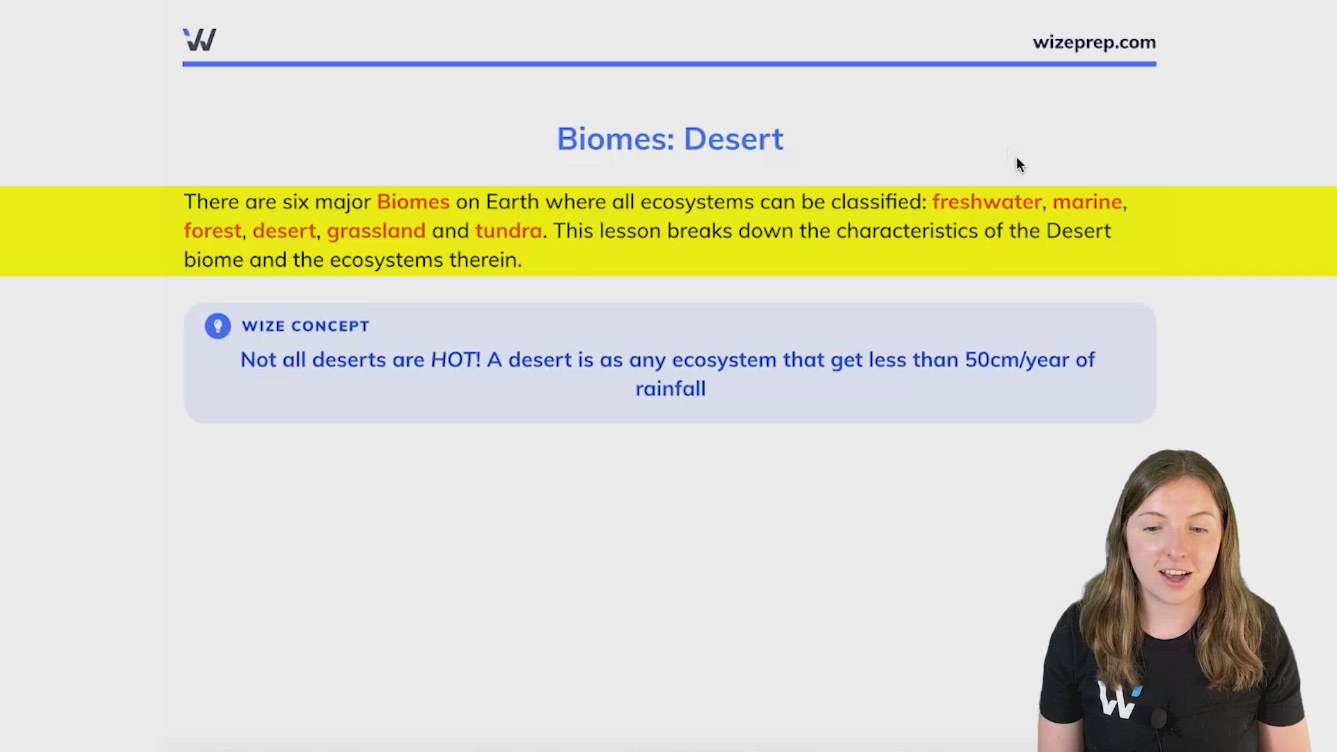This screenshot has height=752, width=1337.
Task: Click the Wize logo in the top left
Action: coord(199,40)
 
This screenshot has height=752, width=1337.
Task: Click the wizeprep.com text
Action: coord(1094,42)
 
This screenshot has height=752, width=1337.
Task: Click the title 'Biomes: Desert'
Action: coord(670,139)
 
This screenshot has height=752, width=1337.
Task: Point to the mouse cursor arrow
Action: coord(1020,165)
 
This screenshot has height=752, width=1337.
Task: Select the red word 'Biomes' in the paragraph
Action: coord(413,202)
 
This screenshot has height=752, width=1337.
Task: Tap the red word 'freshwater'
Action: coord(987,202)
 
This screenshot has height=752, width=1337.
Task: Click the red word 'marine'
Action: coord(1087,202)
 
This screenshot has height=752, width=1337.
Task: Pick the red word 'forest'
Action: coord(212,230)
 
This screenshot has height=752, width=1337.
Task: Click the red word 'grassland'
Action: coord(376,230)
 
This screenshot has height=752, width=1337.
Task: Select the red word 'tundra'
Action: coord(508,230)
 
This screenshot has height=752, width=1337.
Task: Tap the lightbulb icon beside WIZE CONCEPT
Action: coord(217,326)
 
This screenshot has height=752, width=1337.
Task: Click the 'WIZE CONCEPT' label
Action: coord(305,326)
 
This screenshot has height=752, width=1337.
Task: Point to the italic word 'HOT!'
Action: coord(455,360)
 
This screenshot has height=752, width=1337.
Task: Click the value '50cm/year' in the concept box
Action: coord(1017,361)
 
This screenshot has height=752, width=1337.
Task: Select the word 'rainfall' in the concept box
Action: coord(670,389)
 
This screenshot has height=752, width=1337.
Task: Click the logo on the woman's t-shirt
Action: coord(1118,699)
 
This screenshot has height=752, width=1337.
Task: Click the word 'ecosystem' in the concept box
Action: coord(724,361)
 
